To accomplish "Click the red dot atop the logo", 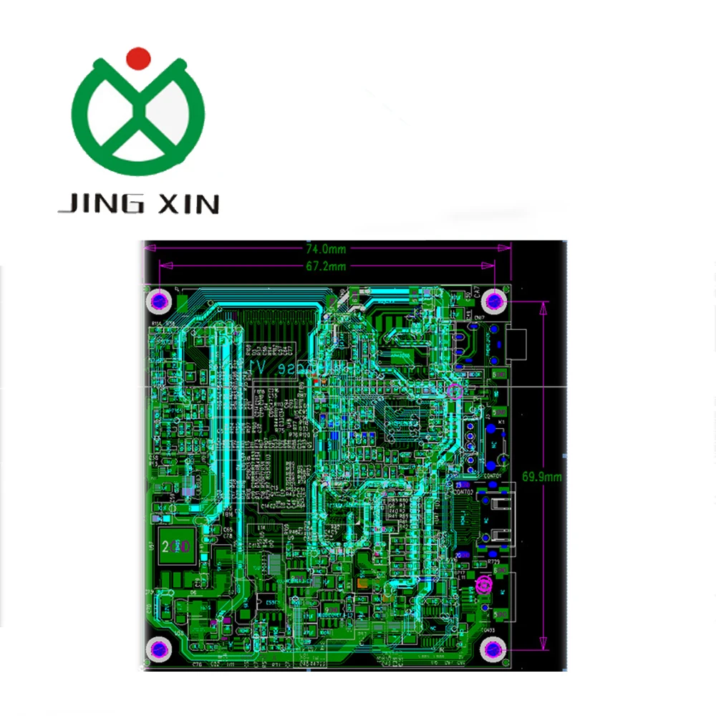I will [x=138, y=57].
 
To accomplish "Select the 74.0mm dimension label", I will [x=326, y=249].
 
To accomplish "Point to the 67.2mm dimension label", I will [x=326, y=266].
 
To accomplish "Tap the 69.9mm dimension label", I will [x=542, y=475].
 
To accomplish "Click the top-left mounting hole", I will [x=159, y=300].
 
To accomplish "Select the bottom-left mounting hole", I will [x=158, y=649].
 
